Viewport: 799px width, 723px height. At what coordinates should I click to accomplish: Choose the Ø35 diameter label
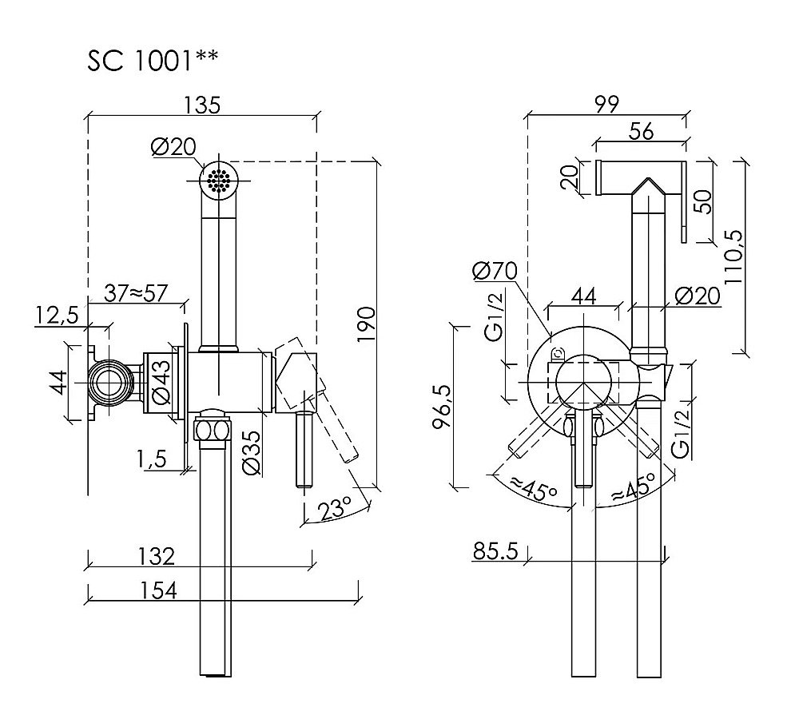(248, 454)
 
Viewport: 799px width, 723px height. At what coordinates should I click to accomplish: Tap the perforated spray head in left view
(217, 181)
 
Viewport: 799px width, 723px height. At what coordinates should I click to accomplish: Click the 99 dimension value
(605, 105)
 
